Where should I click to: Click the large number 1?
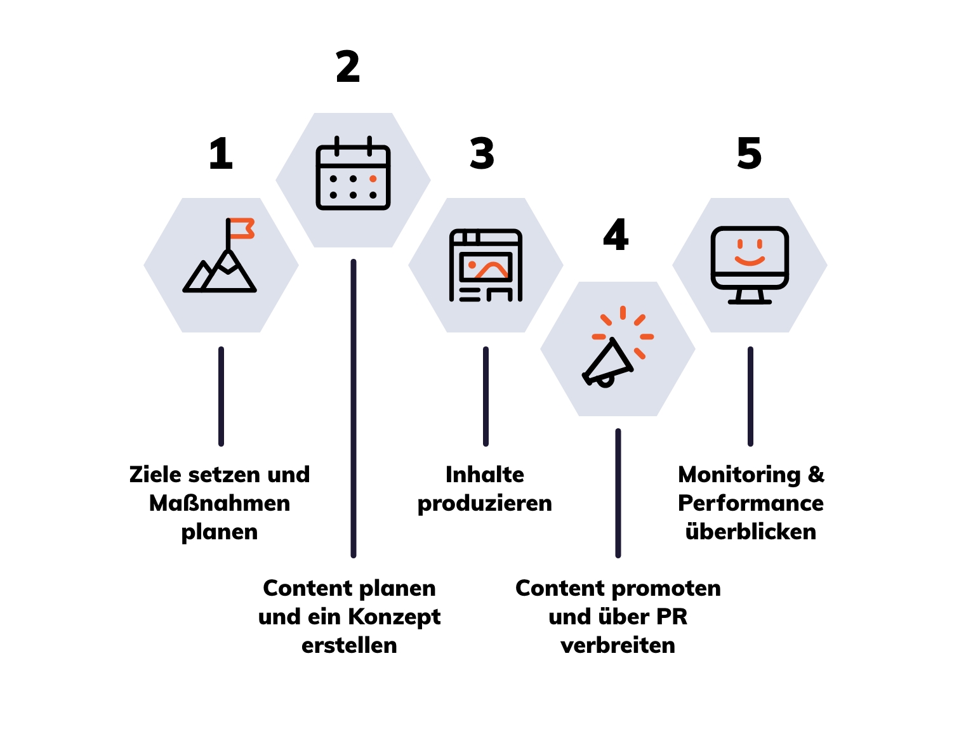pyautogui.click(x=221, y=154)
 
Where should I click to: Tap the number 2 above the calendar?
pyautogui.click(x=348, y=67)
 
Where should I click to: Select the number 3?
pyautogui.click(x=482, y=154)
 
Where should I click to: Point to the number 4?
pyautogui.click(x=616, y=235)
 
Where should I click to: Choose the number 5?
pyautogui.click(x=749, y=154)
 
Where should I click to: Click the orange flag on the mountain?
pyautogui.click(x=242, y=228)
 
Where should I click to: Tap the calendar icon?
pyautogui.click(x=353, y=173)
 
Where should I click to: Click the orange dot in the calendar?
pyautogui.click(x=373, y=179)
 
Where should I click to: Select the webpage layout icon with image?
pyautogui.click(x=486, y=265)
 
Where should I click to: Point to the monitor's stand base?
pyautogui.click(x=750, y=301)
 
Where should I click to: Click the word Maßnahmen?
pyautogui.click(x=220, y=503)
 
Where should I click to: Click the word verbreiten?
pyautogui.click(x=618, y=645)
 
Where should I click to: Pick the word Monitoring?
pyautogui.click(x=739, y=475)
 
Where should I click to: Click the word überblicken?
pyautogui.click(x=751, y=532)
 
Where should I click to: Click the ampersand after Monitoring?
pyautogui.click(x=816, y=475)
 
